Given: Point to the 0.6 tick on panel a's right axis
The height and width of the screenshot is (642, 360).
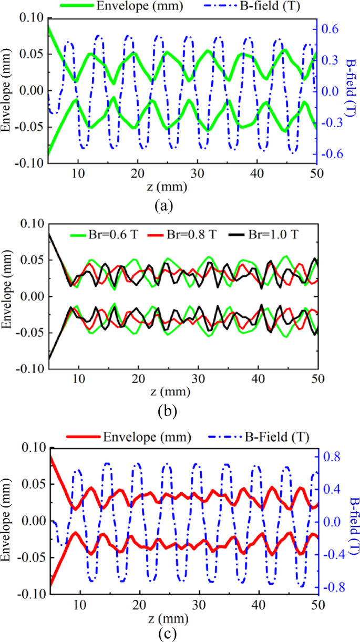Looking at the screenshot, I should (x=332, y=29).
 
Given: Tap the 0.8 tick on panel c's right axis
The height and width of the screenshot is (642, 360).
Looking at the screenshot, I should (x=332, y=457).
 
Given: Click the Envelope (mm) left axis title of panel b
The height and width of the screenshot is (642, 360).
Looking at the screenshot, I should (x=8, y=297).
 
